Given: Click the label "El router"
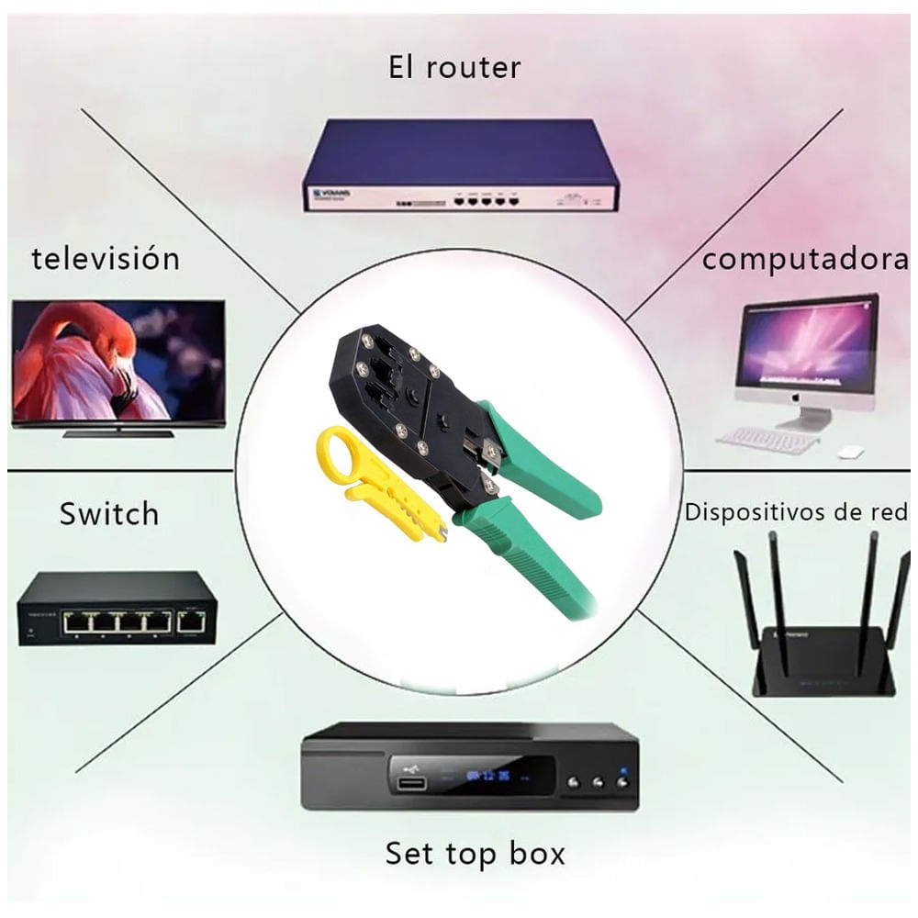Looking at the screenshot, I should pos(454,67).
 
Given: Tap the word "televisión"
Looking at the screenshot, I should pos(106,259).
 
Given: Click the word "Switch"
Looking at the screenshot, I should pos(109,513).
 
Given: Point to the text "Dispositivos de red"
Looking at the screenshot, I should pos(797,512).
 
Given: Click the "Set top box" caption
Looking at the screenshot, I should pos(475,854).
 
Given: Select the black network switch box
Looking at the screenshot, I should pos(118,608).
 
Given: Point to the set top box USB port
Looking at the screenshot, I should pos(410,783).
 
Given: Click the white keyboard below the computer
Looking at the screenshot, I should pos(767,440).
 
